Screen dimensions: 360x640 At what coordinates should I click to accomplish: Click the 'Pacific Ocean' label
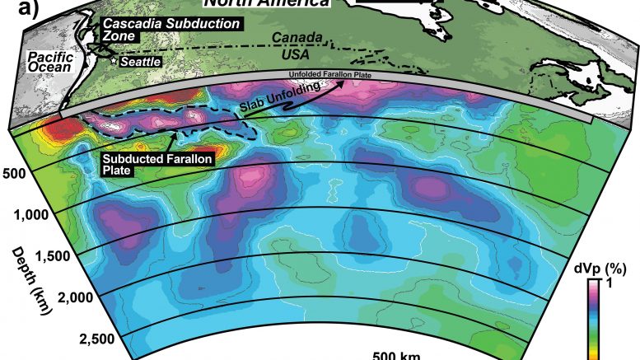point(29,63)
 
